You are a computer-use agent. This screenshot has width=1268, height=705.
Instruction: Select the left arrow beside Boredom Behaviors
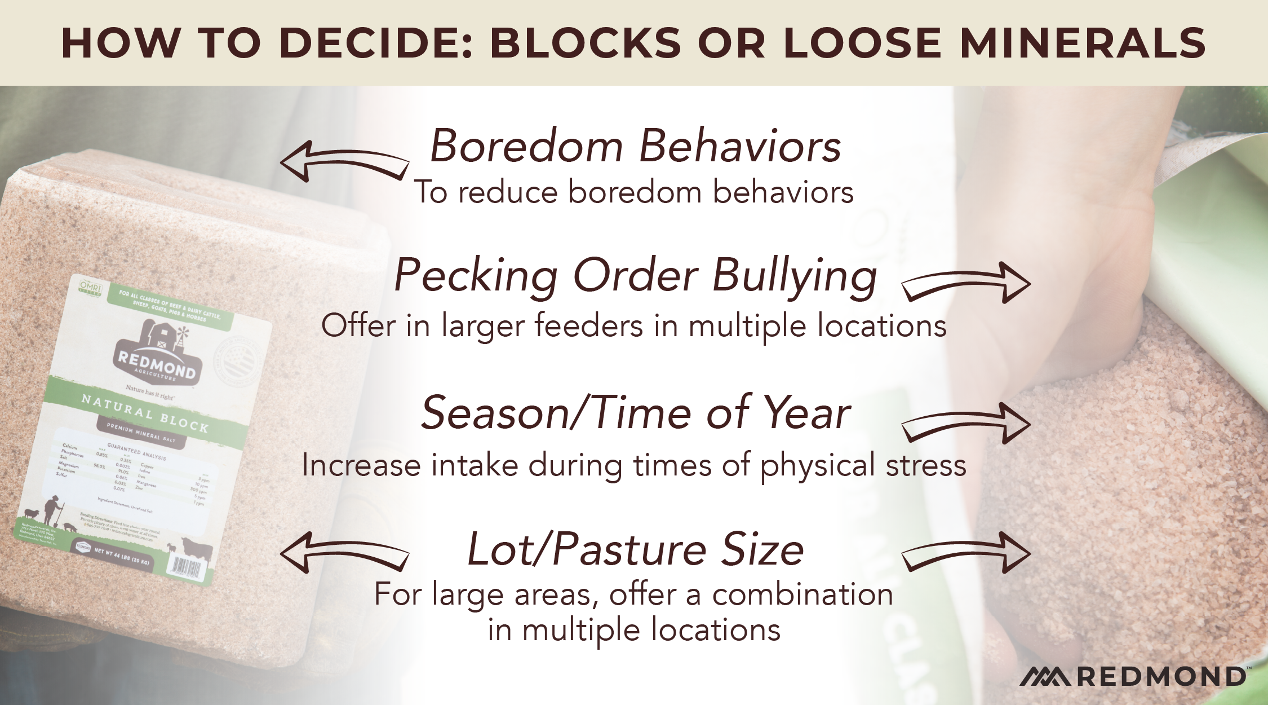(x=344, y=161)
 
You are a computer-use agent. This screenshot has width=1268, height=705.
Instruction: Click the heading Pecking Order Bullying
(x=635, y=276)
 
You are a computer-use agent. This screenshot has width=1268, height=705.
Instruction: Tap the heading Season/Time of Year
(x=635, y=413)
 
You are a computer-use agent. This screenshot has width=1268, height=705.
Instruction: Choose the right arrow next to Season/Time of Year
(x=966, y=423)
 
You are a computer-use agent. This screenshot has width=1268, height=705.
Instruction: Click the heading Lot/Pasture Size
(x=635, y=550)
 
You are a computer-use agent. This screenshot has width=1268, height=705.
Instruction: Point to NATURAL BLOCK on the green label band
(x=144, y=413)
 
